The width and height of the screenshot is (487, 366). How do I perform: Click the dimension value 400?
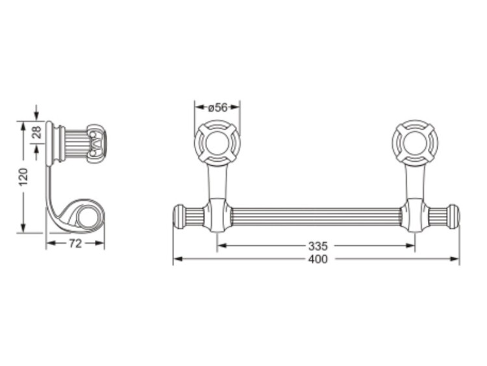point(318,259)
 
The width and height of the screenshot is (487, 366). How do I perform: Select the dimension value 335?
point(318,246)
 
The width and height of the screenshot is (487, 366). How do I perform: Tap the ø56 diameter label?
point(218,108)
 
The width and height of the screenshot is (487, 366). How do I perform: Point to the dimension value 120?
point(23,177)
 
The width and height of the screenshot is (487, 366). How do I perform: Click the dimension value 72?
point(75,244)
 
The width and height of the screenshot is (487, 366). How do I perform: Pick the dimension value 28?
point(36,132)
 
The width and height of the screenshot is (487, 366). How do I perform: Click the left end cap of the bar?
point(179,216)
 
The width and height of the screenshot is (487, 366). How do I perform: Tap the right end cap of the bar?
point(453,216)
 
